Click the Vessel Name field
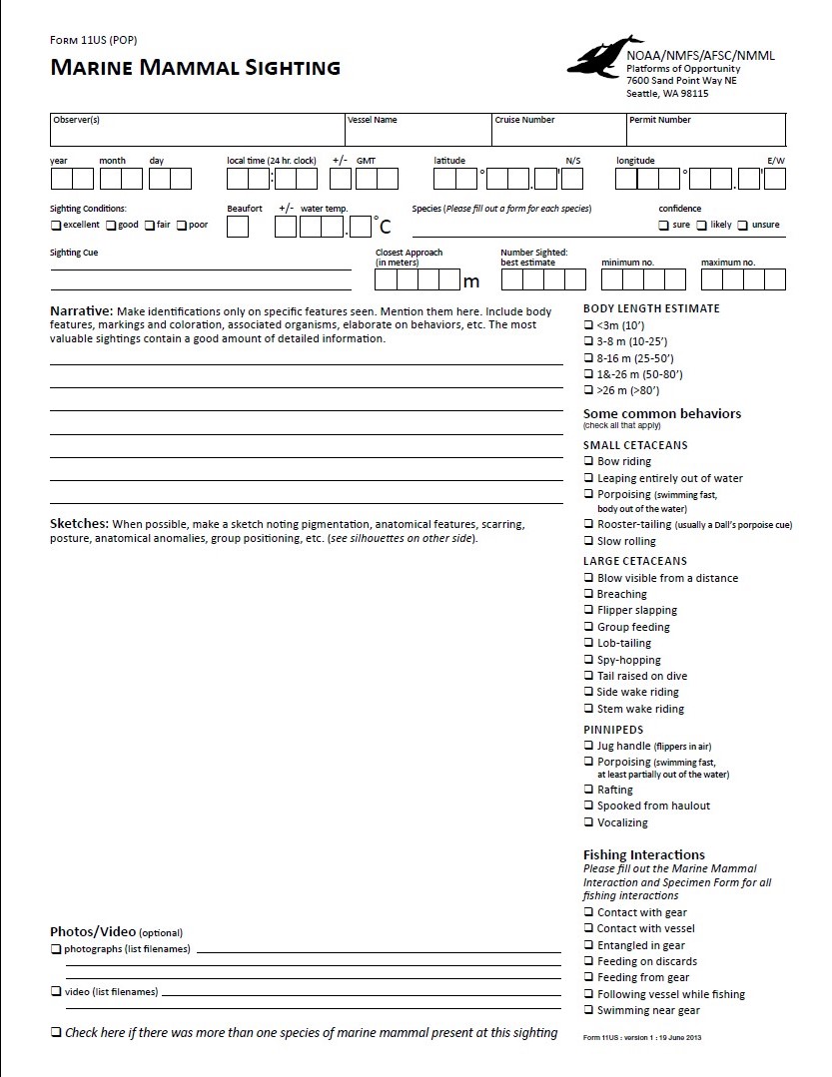(417, 132)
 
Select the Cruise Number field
(557, 132)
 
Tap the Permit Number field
(705, 132)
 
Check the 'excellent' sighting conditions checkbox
(56, 226)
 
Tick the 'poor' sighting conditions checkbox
(182, 226)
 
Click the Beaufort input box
(238, 227)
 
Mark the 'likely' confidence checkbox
(702, 226)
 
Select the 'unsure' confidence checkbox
(743, 226)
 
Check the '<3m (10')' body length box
(588, 325)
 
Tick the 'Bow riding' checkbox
(588, 462)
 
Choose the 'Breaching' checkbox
(588, 595)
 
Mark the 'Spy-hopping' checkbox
(588, 660)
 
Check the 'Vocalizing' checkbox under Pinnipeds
(588, 822)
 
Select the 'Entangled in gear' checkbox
(588, 945)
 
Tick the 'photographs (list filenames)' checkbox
(56, 949)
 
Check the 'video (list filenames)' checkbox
(56, 991)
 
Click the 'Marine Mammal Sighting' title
(195, 68)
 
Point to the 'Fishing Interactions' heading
(643, 854)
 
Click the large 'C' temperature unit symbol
(384, 228)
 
